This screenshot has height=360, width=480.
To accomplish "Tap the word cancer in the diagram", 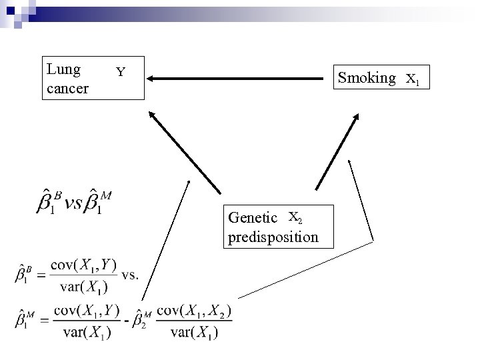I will pos(67,87).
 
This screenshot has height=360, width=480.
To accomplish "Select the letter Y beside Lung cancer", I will pos(120,71).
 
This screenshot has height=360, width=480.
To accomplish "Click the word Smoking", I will pos(367,78).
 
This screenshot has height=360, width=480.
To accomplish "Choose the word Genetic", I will pos(253,218).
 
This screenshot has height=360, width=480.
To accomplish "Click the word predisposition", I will pos(273,237).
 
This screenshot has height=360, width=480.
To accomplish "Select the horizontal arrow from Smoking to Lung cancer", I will pos(240,79).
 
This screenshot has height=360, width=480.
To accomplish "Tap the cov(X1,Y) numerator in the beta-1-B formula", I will pos(86,266).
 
